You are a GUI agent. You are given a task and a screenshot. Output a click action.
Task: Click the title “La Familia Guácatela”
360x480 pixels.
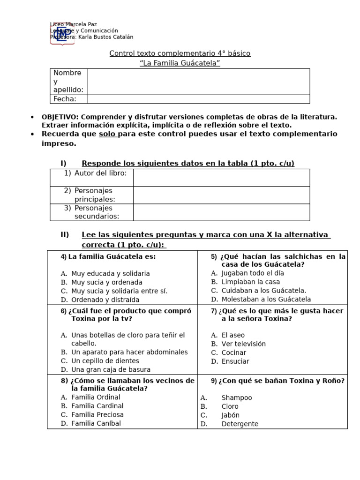pyautogui.click(x=180, y=63)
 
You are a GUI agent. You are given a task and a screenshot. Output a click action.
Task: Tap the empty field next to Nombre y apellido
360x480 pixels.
pyautogui.click(x=198, y=82)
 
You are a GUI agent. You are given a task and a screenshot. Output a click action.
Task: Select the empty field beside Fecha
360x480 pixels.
pyautogui.click(x=198, y=99)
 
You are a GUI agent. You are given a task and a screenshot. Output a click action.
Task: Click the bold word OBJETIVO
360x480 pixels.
pyautogui.click(x=60, y=117)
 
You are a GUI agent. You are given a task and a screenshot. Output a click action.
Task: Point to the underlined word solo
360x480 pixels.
pyautogui.click(x=107, y=134)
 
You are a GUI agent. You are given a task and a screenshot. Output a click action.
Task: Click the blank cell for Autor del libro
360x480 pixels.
pyautogui.click(x=221, y=178)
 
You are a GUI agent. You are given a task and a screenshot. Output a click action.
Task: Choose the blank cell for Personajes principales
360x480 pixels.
pyautogui.click(x=221, y=195)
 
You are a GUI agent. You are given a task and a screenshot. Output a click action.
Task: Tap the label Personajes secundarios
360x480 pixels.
pyautogui.click(x=97, y=212)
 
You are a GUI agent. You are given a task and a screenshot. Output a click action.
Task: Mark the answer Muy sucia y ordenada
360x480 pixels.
pyautogui.click(x=106, y=282)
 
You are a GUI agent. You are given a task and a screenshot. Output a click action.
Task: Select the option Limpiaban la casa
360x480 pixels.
pyautogui.click(x=251, y=282)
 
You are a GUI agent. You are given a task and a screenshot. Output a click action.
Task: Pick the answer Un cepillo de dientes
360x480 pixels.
pyautogui.click(x=105, y=361)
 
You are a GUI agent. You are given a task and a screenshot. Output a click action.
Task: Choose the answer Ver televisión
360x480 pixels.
pyautogui.click(x=243, y=344)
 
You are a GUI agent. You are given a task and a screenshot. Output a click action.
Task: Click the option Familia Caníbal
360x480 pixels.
pyautogui.click(x=96, y=423)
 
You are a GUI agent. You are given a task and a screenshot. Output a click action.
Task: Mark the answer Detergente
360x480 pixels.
pyautogui.click(x=240, y=424)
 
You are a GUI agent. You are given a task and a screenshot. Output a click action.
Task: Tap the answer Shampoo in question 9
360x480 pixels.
pyautogui.click(x=237, y=397)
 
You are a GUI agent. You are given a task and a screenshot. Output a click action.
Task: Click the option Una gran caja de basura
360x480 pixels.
pyautogui.click(x=111, y=369)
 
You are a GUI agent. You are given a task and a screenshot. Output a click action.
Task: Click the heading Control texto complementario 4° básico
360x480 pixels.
pyautogui.click(x=180, y=53)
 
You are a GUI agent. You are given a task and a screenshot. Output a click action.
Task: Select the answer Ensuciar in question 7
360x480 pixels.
pyautogui.click(x=235, y=361)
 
